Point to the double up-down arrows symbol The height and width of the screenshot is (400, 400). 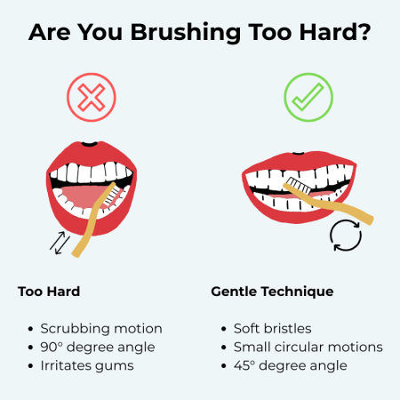coord(58,242)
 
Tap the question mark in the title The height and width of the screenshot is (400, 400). coord(365,33)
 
